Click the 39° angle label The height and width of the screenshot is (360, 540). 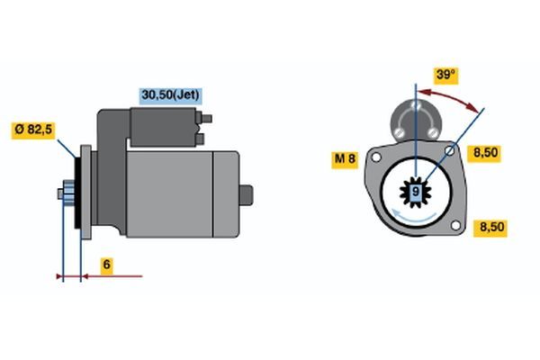pos(445,76)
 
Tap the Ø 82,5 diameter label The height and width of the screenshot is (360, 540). pos(33,130)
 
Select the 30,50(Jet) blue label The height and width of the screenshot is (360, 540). pos(170,95)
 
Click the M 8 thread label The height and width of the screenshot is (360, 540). pos(345,159)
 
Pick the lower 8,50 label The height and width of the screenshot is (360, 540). pos(491,228)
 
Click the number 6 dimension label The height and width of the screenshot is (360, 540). pos(107,265)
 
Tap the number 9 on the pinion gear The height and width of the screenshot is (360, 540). pos(416,192)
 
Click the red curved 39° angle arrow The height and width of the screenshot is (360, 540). pos(449,97)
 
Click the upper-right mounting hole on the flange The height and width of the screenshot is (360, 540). pos(449,151)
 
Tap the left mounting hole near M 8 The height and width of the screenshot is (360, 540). pos(376,157)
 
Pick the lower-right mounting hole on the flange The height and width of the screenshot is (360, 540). pos(455,226)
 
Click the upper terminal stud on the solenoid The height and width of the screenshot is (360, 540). pos(205,119)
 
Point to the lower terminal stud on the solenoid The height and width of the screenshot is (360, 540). pos(200,139)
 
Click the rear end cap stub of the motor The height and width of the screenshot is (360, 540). pos(246,195)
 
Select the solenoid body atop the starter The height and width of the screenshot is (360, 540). pos(163,127)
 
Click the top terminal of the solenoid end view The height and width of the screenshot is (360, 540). pos(416,104)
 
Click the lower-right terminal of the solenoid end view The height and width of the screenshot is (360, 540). pos(433,132)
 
